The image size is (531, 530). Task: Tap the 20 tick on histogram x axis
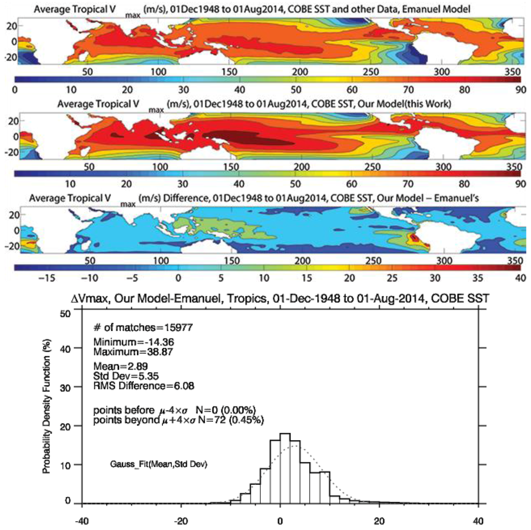pos(380,520)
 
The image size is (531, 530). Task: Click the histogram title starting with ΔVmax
pos(280,300)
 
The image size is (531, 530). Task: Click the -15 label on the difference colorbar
pos(43,278)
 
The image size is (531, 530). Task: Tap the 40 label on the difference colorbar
pos(520,278)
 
